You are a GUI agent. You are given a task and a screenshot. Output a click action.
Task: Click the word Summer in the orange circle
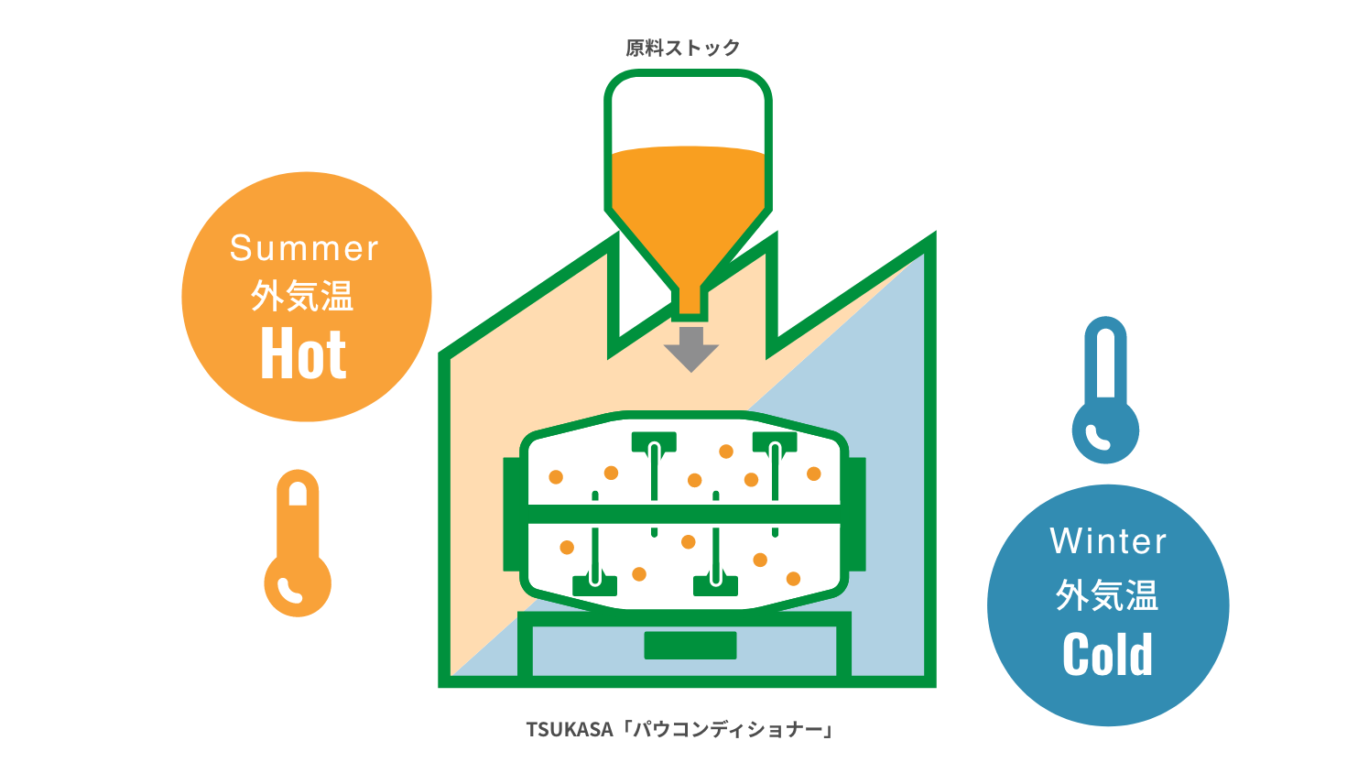(304, 248)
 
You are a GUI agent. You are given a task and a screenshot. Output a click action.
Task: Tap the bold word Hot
(304, 354)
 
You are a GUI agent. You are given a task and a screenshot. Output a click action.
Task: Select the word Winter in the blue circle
(1108, 541)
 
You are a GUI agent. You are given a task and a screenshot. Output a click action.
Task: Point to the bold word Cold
(1108, 655)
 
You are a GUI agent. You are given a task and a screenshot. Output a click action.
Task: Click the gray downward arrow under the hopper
(690, 347)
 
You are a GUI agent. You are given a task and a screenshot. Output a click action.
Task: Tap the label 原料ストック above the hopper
(683, 48)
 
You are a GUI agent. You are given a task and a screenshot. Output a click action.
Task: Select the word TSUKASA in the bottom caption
(569, 729)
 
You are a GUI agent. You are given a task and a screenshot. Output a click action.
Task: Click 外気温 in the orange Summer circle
(303, 297)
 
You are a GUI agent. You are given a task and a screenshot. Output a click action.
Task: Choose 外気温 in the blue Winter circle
(1107, 595)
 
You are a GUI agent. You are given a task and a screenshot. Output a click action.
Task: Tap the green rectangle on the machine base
(690, 645)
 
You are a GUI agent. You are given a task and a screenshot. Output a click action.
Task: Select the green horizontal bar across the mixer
(685, 514)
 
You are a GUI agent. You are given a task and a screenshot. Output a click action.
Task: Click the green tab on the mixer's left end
(511, 513)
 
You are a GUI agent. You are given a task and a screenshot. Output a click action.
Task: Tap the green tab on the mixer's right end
(858, 513)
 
